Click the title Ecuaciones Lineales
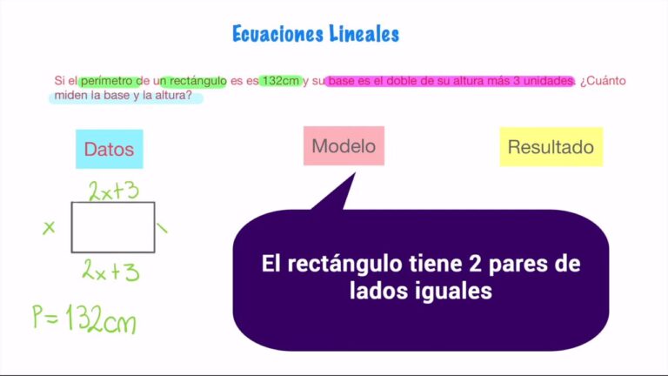(315, 34)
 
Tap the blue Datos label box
(109, 149)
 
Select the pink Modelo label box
(344, 145)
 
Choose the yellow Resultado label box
(551, 146)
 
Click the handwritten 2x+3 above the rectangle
(114, 191)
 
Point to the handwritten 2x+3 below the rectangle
(110, 271)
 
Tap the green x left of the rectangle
(49, 227)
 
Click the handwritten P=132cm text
(83, 319)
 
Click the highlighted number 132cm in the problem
(280, 81)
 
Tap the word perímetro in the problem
(106, 81)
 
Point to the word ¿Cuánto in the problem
(603, 81)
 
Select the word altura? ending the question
(172, 96)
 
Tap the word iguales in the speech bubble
(451, 292)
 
